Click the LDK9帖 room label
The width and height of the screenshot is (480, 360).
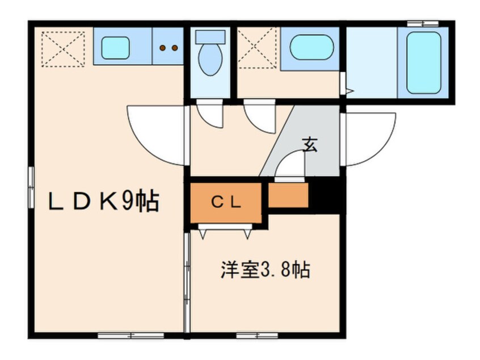[103, 202]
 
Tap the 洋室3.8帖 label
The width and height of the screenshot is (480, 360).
[266, 269]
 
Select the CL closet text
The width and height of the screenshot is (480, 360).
[226, 202]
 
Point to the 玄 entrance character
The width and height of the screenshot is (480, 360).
[310, 145]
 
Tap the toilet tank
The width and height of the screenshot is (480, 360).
[210, 36]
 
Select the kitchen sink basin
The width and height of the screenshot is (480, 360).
[115, 48]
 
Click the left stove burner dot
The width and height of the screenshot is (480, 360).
[163, 48]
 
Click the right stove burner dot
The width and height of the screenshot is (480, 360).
[175, 48]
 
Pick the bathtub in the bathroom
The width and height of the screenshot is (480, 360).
[424, 63]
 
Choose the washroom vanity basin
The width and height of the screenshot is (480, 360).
[311, 48]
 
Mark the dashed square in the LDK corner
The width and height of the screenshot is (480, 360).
[63, 49]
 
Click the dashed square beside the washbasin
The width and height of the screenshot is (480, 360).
[257, 49]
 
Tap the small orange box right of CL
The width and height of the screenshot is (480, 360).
[288, 195]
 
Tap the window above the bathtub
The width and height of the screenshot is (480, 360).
[423, 23]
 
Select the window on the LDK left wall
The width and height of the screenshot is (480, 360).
[31, 187]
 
